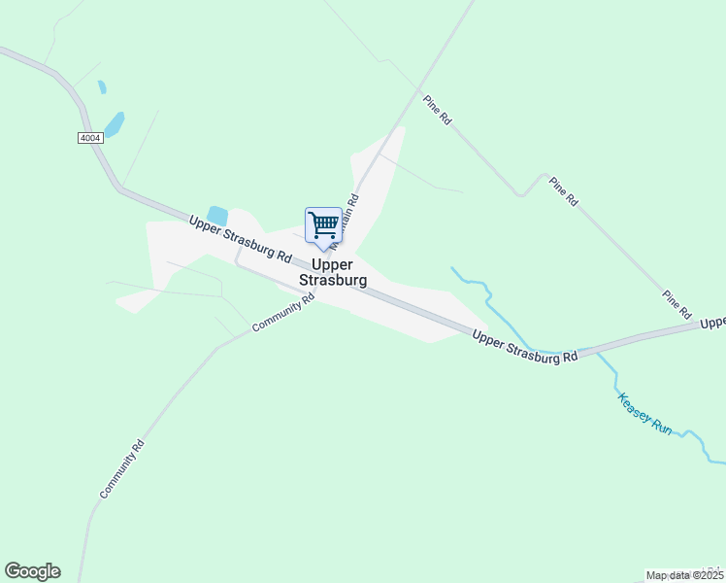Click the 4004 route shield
pos(90,138)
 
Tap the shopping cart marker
pos(323,225)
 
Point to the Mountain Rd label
pos(345,219)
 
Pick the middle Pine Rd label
pos(563,190)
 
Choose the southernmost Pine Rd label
pos(676,304)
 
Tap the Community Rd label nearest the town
pos(283,313)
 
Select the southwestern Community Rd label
pos(122,469)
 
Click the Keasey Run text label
pos(644,412)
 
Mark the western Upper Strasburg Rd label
pos(241,239)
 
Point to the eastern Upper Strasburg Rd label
pos(525,346)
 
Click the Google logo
pos(32,571)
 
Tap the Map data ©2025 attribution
pos(684,575)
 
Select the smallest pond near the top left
pos(102,87)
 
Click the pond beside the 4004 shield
pos(115,124)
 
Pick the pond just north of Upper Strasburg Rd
pos(217,216)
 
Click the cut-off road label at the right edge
pos(713,323)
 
